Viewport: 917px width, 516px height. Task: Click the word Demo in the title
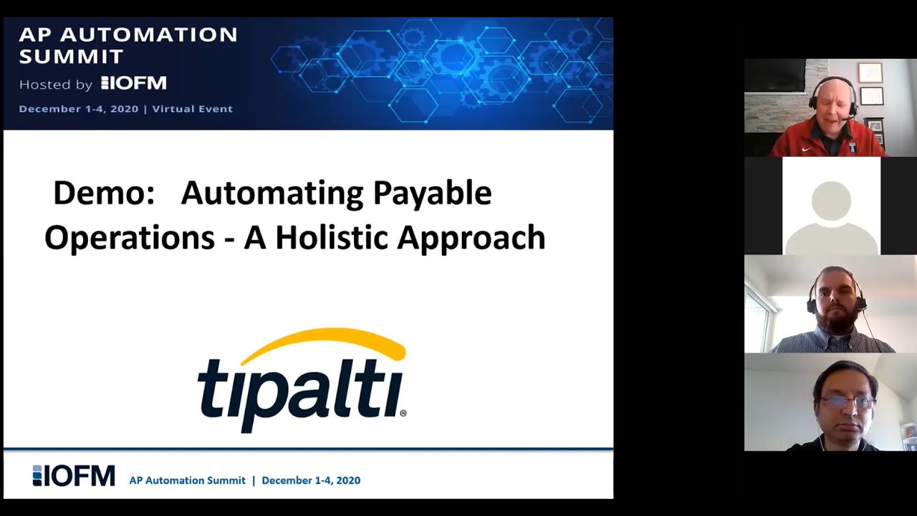pyautogui.click(x=104, y=193)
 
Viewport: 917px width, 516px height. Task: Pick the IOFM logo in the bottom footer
pyautogui.click(x=74, y=476)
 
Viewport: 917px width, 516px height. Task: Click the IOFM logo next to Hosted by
pyautogui.click(x=134, y=83)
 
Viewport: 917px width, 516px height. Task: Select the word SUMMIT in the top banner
pyautogui.click(x=72, y=56)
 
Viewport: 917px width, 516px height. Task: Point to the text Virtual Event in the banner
pyautogui.click(x=192, y=109)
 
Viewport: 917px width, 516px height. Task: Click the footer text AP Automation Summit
pyautogui.click(x=187, y=480)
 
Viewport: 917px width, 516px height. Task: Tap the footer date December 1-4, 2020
pyautogui.click(x=311, y=480)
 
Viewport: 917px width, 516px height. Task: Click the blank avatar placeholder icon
pyautogui.click(x=831, y=211)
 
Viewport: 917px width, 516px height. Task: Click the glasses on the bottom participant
pyautogui.click(x=847, y=402)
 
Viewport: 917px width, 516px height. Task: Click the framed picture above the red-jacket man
pyautogui.click(x=870, y=72)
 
